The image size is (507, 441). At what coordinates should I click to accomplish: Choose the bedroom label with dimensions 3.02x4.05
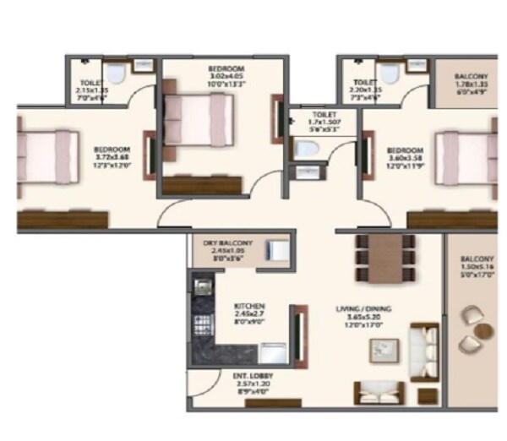click(x=226, y=74)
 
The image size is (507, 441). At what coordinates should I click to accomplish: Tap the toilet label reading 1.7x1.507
click(x=323, y=120)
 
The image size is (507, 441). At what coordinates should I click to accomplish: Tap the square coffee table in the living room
click(x=386, y=348)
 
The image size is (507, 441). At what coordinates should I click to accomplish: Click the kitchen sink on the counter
click(x=203, y=287)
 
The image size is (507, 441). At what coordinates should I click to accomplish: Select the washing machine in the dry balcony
click(x=275, y=251)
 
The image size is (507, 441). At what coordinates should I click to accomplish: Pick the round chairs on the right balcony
click(x=470, y=328)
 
